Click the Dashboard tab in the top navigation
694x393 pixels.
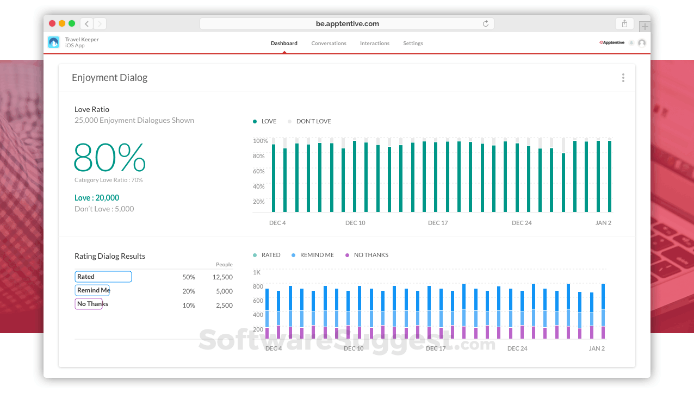[x=284, y=43]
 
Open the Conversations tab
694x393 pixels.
[x=329, y=43]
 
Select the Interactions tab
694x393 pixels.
[x=374, y=43]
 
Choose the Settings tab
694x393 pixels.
[x=413, y=43]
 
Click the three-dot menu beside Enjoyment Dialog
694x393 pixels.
[x=623, y=78]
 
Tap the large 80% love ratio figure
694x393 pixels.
[x=110, y=158]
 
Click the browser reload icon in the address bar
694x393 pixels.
[x=485, y=24]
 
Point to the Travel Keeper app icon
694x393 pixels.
[x=54, y=42]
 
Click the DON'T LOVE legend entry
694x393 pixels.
[x=313, y=121]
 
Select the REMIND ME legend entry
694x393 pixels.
[x=317, y=255]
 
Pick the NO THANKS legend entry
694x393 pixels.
[x=370, y=255]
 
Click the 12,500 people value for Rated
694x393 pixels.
[x=222, y=277]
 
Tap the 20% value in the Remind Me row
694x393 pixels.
[x=189, y=291]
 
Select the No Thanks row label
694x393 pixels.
[x=92, y=304]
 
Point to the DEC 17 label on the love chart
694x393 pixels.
[x=438, y=223]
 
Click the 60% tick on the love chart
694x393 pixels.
[x=259, y=171]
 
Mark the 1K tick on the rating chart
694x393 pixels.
[x=257, y=272]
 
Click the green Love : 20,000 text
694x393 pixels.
[x=97, y=198]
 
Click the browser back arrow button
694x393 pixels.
[x=87, y=24]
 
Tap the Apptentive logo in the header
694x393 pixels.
[x=612, y=43]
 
